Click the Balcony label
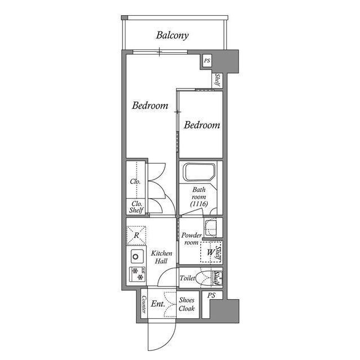(172, 35)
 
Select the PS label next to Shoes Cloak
(211, 295)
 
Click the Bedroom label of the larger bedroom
(150, 105)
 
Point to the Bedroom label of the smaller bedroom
(201, 125)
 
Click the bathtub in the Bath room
(200, 173)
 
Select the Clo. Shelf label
(136, 207)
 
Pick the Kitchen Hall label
(161, 257)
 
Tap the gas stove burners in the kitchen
(137, 274)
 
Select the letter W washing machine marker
(210, 253)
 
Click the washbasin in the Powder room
(211, 228)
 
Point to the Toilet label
(187, 278)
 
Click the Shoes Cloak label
(187, 304)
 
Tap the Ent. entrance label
(158, 304)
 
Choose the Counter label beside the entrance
(144, 305)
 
